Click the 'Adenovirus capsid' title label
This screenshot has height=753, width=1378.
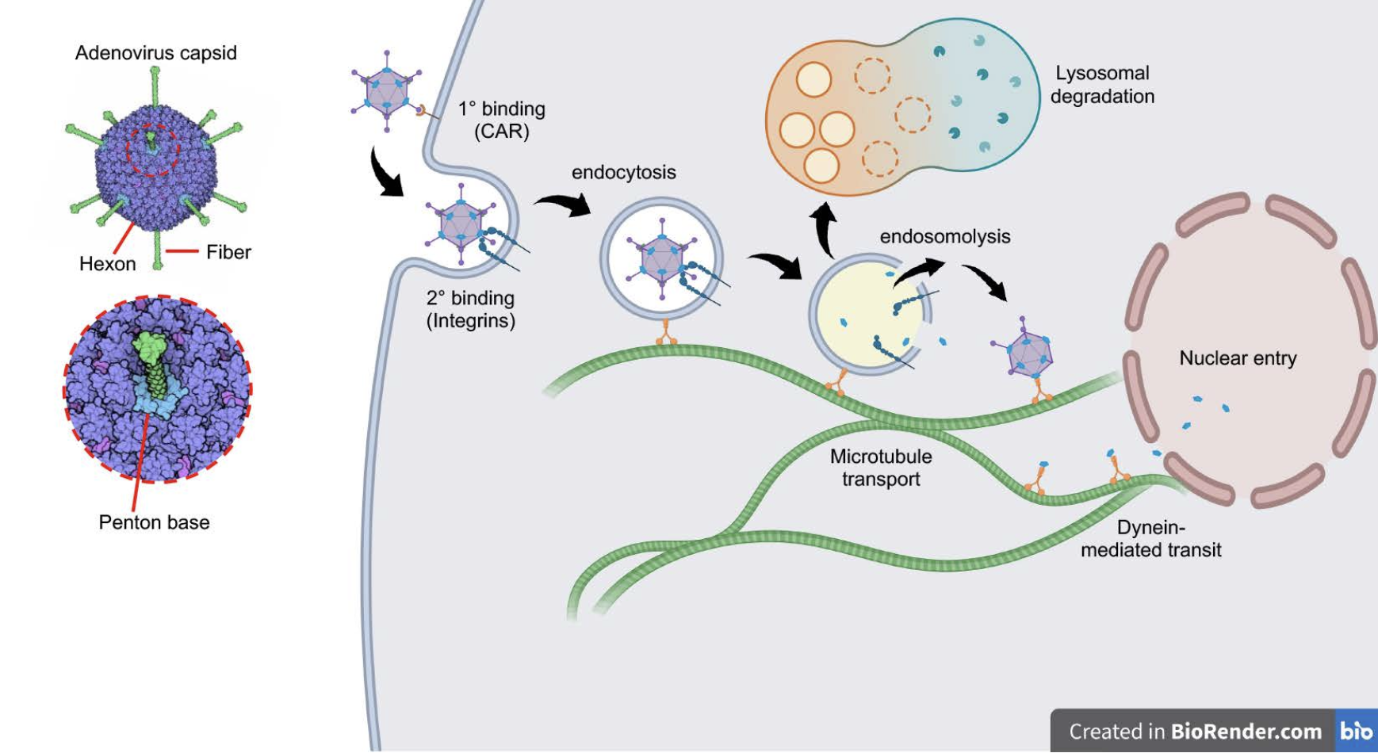pyautogui.click(x=156, y=53)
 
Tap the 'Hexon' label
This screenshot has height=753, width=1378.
pyautogui.click(x=108, y=264)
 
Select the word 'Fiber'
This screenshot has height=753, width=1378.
pyautogui.click(x=228, y=252)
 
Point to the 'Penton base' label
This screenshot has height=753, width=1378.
pyautogui.click(x=155, y=522)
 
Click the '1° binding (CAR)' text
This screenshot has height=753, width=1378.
pyautogui.click(x=502, y=120)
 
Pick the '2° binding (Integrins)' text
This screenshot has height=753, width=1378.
pyautogui.click(x=471, y=309)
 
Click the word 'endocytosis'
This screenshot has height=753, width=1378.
pyautogui.click(x=624, y=172)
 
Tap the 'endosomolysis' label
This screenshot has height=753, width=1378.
pyautogui.click(x=945, y=236)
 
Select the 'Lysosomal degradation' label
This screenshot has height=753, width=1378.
pyautogui.click(x=1102, y=85)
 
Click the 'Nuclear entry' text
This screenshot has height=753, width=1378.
pyautogui.click(x=1238, y=358)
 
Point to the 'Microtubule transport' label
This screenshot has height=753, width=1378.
pyautogui.click(x=881, y=468)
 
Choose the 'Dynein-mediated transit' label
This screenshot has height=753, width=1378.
pyautogui.click(x=1151, y=538)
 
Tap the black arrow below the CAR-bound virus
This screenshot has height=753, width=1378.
pyautogui.click(x=386, y=173)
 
